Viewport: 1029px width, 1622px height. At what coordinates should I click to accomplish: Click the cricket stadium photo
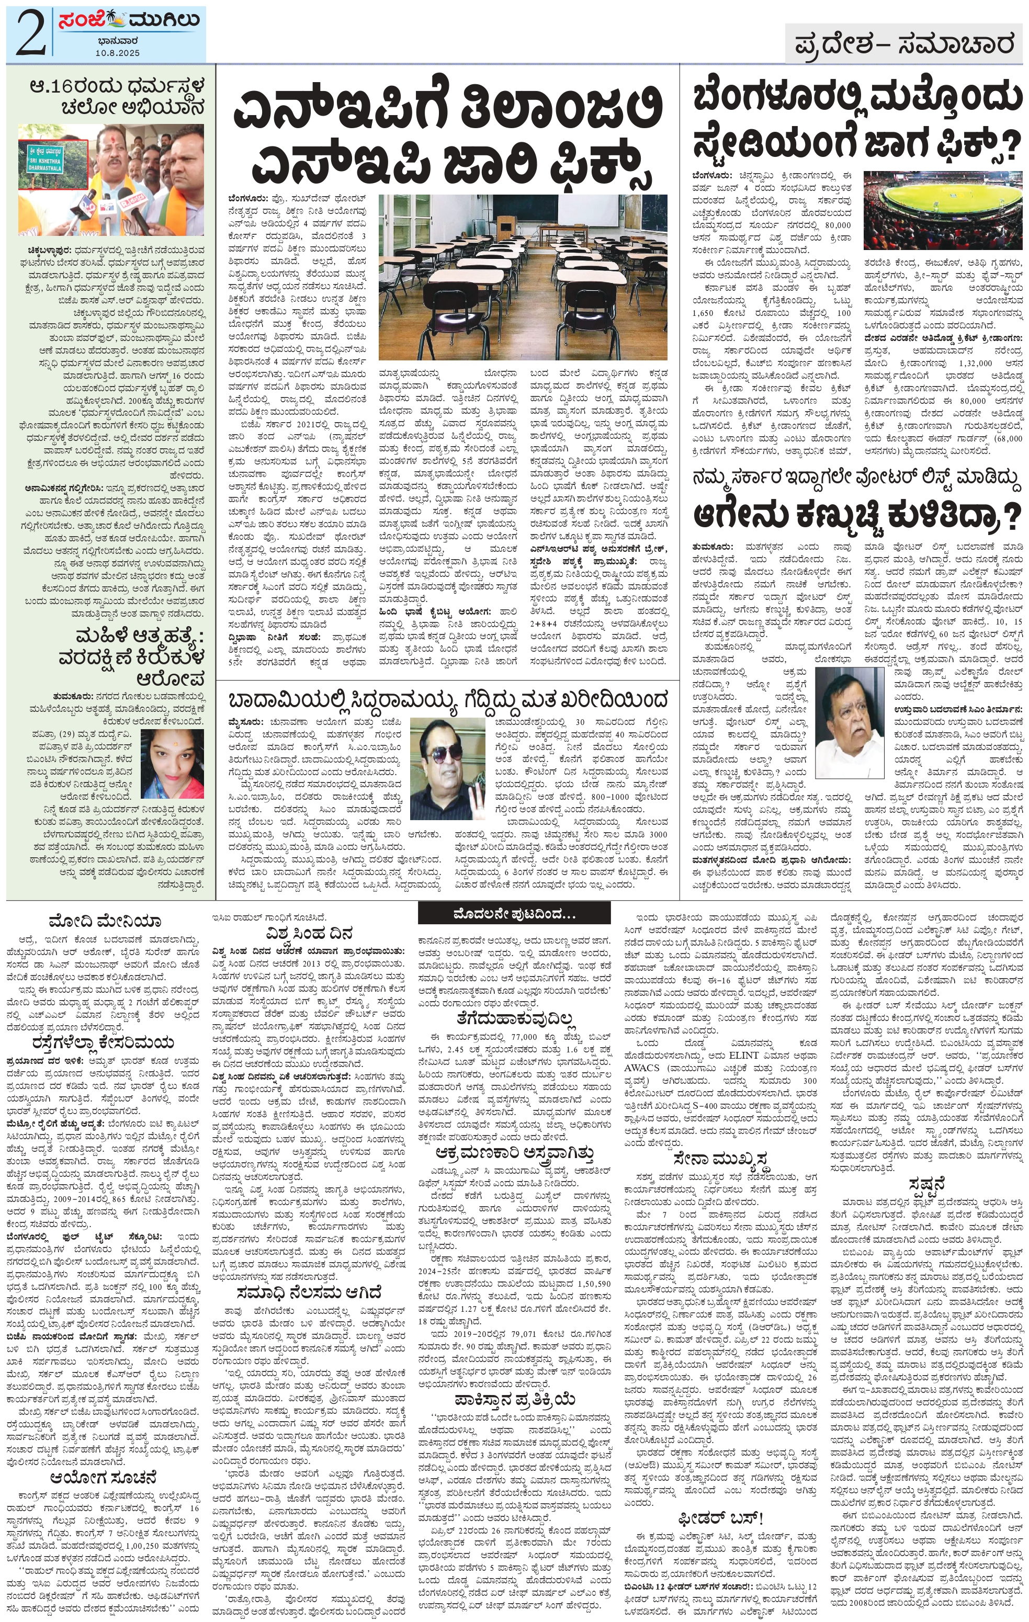[x=942, y=210]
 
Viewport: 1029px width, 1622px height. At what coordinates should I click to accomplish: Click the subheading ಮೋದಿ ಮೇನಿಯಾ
[x=105, y=920]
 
